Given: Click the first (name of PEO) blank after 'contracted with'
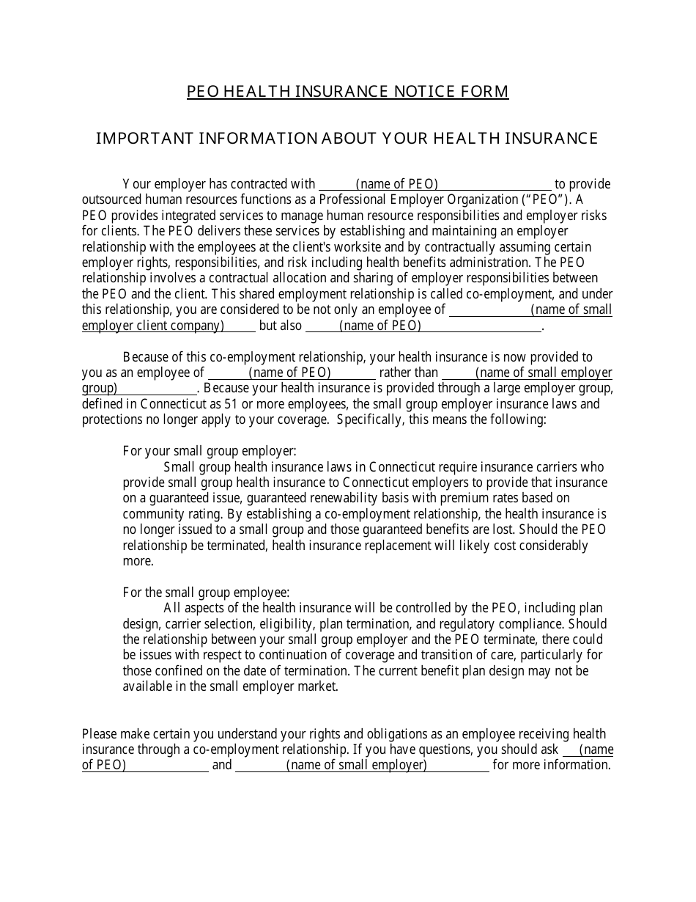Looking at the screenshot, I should [396, 184].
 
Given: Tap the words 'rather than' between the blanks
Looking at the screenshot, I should [409, 373].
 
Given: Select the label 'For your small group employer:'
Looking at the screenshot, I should [210, 451].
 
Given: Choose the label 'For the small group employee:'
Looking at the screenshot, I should [206, 593].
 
